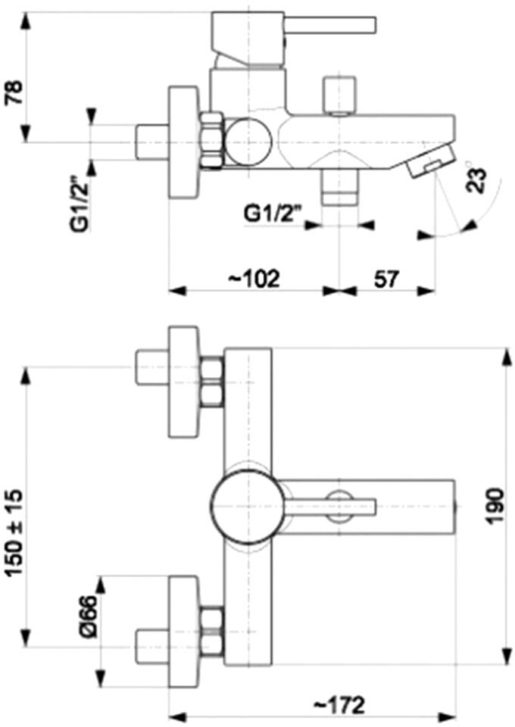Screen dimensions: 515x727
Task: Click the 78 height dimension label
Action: [14, 92]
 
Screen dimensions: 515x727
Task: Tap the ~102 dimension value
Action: [254, 279]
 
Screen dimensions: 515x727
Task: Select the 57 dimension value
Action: [386, 279]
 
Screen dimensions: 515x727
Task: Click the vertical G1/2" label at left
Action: [79, 202]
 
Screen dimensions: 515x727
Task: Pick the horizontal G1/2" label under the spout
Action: [273, 214]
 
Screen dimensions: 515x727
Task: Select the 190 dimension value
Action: [495, 506]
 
